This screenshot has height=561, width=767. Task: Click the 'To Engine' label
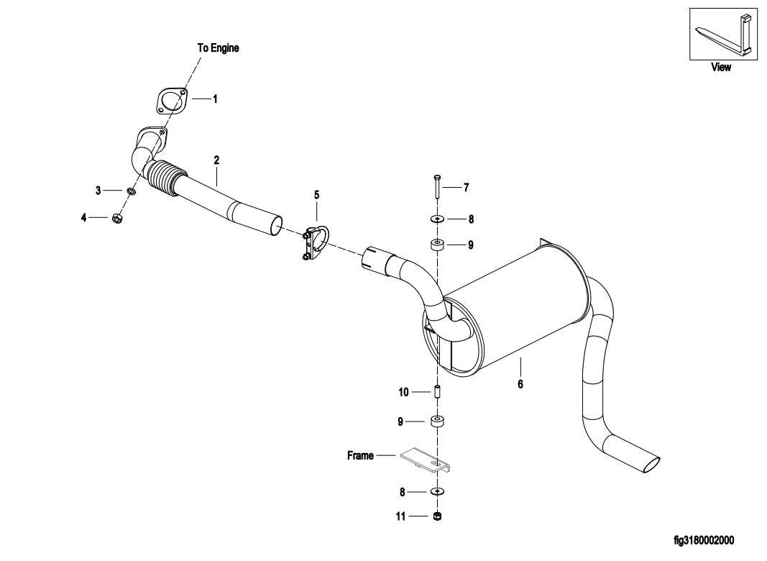pyautogui.click(x=218, y=48)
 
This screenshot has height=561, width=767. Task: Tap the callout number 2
pyautogui.click(x=216, y=160)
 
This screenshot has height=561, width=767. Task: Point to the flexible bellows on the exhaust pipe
pyautogui.click(x=165, y=178)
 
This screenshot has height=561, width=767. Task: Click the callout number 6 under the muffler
pyautogui.click(x=520, y=384)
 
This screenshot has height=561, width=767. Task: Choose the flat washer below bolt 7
pyautogui.click(x=437, y=218)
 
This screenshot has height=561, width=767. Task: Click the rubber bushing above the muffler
pyautogui.click(x=437, y=245)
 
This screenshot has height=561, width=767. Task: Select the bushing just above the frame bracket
pyautogui.click(x=437, y=421)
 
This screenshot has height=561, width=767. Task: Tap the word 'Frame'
pyautogui.click(x=360, y=455)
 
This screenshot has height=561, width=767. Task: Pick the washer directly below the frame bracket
pyautogui.click(x=437, y=492)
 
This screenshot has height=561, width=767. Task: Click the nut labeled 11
pyautogui.click(x=437, y=516)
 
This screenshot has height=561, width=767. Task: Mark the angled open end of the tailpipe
pyautogui.click(x=651, y=465)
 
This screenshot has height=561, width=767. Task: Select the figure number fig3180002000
pyautogui.click(x=704, y=540)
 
